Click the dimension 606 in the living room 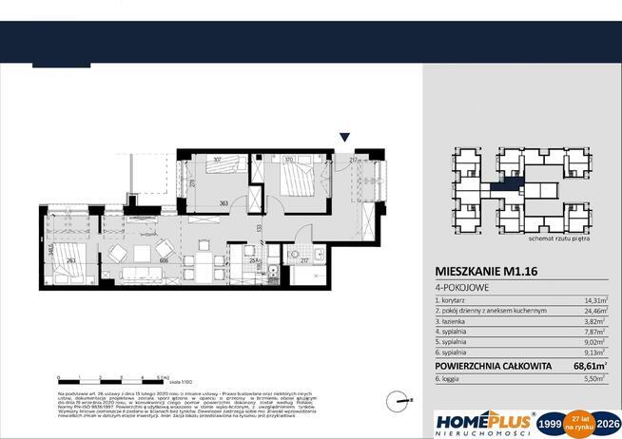pyautogui.click(x=165, y=259)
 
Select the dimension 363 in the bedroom pyautogui.click(x=221, y=202)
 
